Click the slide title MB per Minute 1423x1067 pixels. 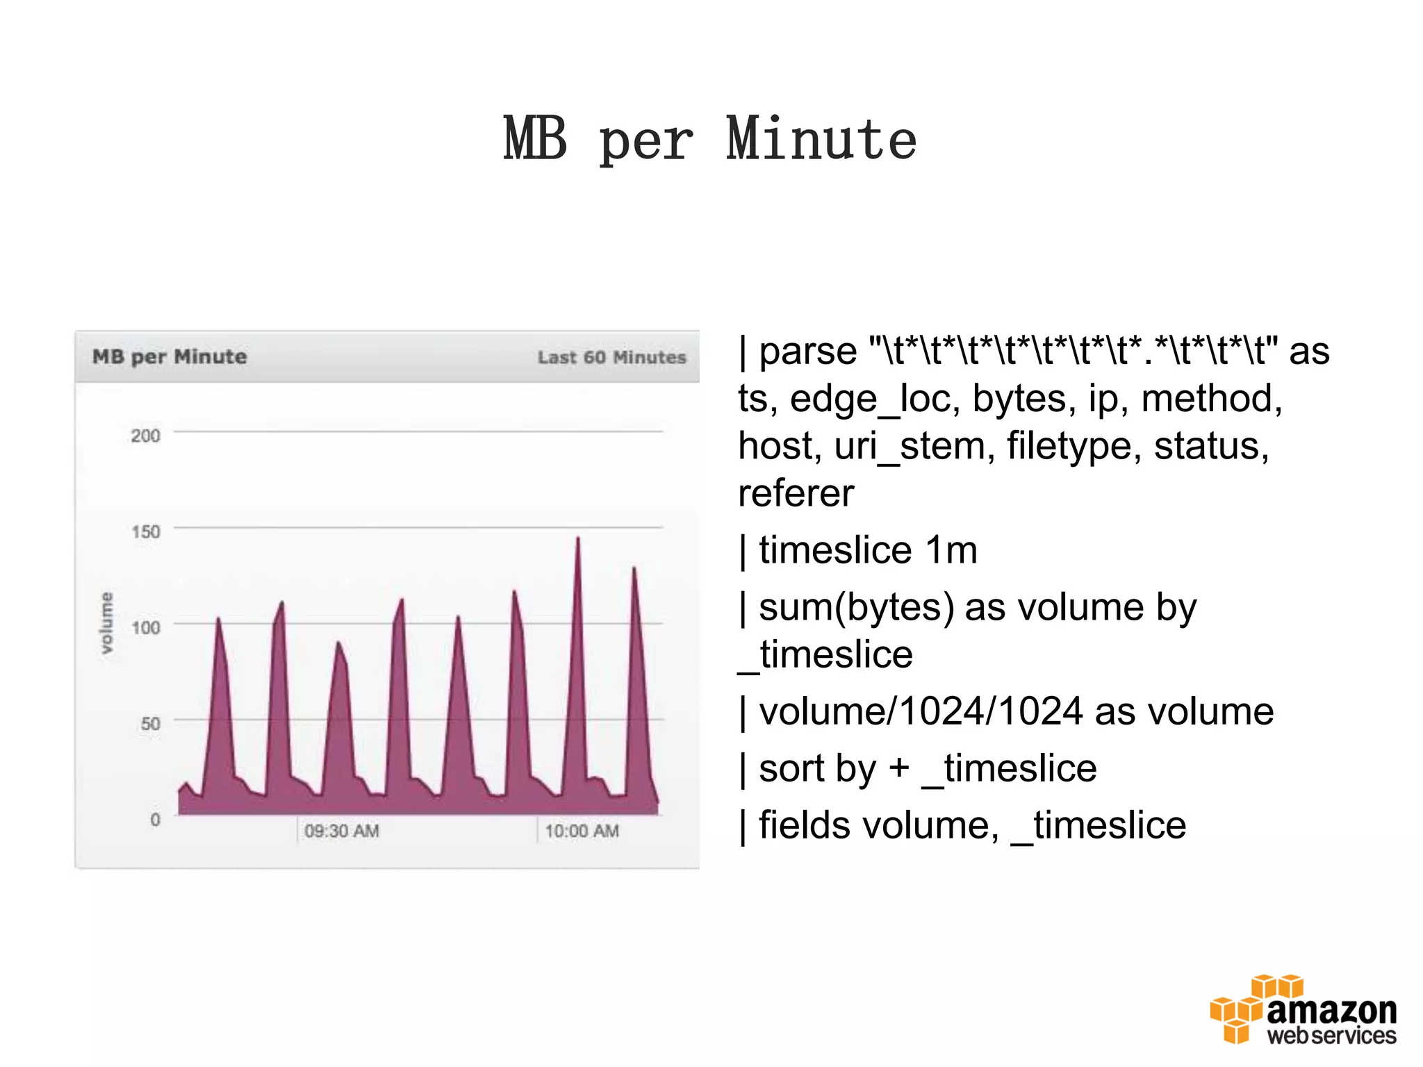pyautogui.click(x=710, y=140)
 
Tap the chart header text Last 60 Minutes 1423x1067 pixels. pyautogui.click(x=611, y=357)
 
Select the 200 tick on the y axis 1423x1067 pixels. pyautogui.click(x=145, y=436)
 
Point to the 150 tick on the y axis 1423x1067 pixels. pyautogui.click(x=145, y=531)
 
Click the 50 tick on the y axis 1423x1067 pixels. pyautogui.click(x=150, y=723)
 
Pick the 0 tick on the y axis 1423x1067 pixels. pyautogui.click(x=155, y=819)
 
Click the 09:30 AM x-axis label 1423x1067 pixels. pyautogui.click(x=341, y=831)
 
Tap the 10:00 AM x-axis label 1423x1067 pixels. pyautogui.click(x=582, y=831)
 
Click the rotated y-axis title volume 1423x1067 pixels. pyautogui.click(x=106, y=622)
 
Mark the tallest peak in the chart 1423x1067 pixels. pyautogui.click(x=577, y=539)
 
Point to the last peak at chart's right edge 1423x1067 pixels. pyautogui.click(x=634, y=570)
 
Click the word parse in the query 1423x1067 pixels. pyautogui.click(x=807, y=351)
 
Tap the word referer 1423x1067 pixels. pyautogui.click(x=796, y=493)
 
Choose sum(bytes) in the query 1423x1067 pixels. pyautogui.click(x=856, y=607)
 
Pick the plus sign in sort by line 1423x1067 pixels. pyautogui.click(x=898, y=768)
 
